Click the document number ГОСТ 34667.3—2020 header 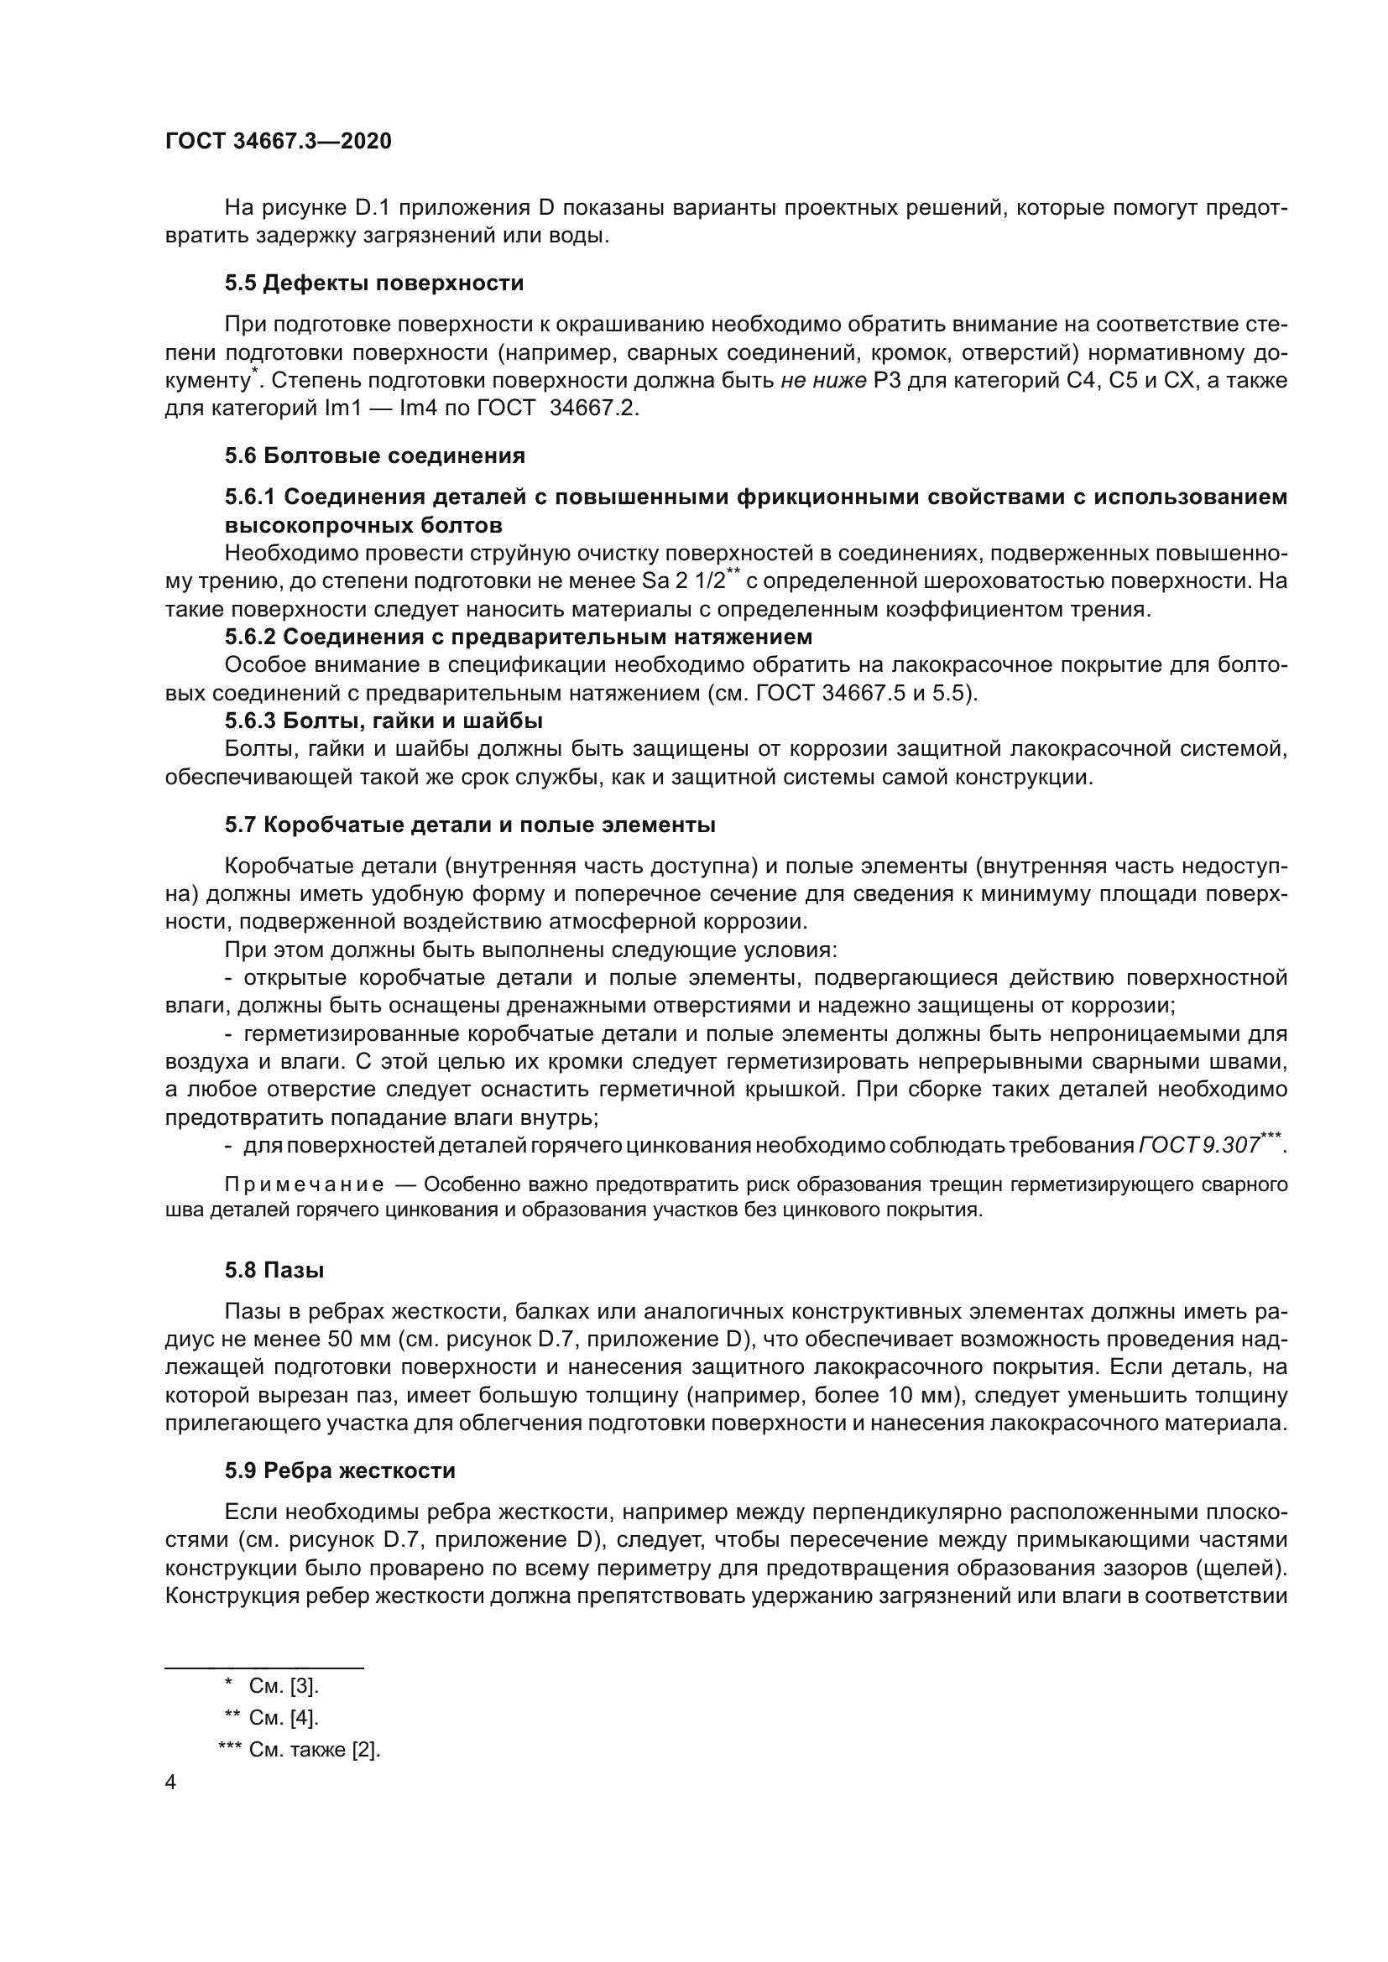pos(279,142)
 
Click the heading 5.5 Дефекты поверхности pos(374,284)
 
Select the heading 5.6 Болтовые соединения pos(374,455)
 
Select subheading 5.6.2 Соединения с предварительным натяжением pos(518,637)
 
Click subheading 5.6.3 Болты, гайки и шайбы pos(384,721)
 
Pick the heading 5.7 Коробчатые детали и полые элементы pos(470,825)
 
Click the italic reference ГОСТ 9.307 pos(1199,1145)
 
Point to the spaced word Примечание pos(304,1185)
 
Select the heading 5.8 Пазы pos(274,1271)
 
